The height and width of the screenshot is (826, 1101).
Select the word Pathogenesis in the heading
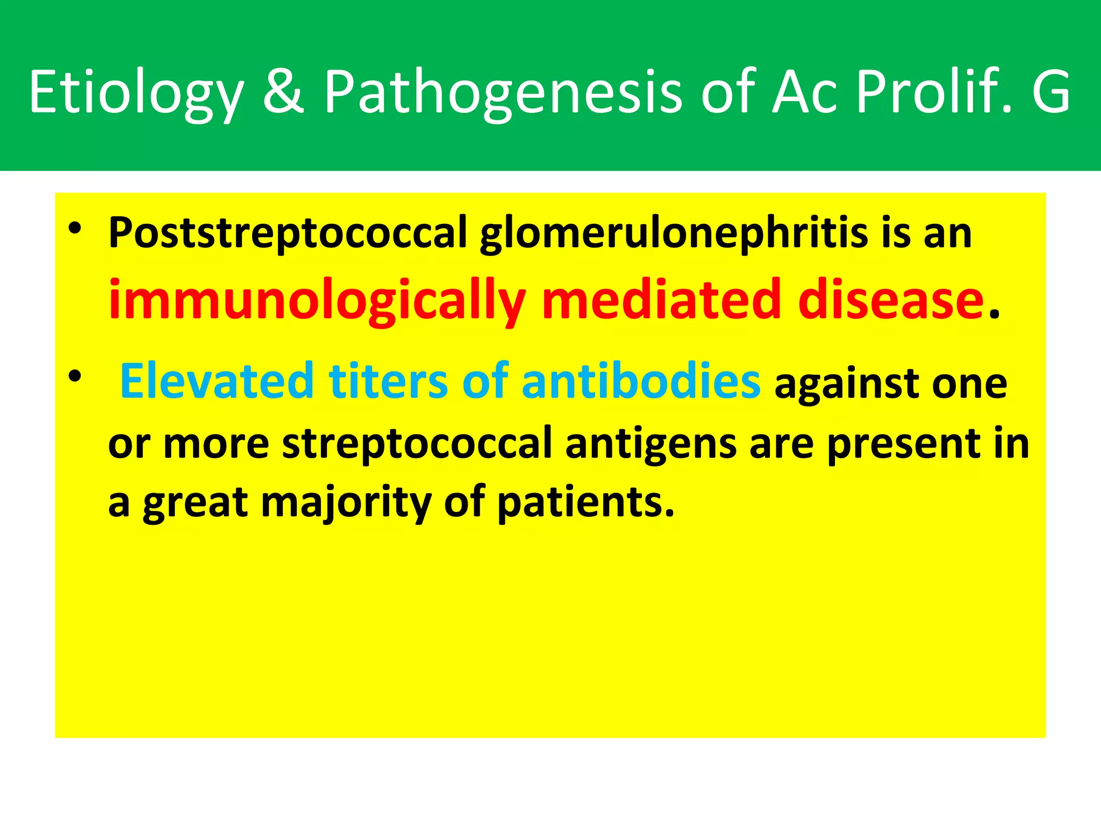(502, 92)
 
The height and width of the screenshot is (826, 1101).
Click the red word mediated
(661, 300)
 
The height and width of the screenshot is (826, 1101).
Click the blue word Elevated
(217, 381)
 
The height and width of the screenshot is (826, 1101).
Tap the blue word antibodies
(640, 381)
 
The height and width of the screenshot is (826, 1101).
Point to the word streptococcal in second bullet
(417, 444)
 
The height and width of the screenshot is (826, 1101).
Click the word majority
(346, 503)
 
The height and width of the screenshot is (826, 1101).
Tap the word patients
(585, 503)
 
